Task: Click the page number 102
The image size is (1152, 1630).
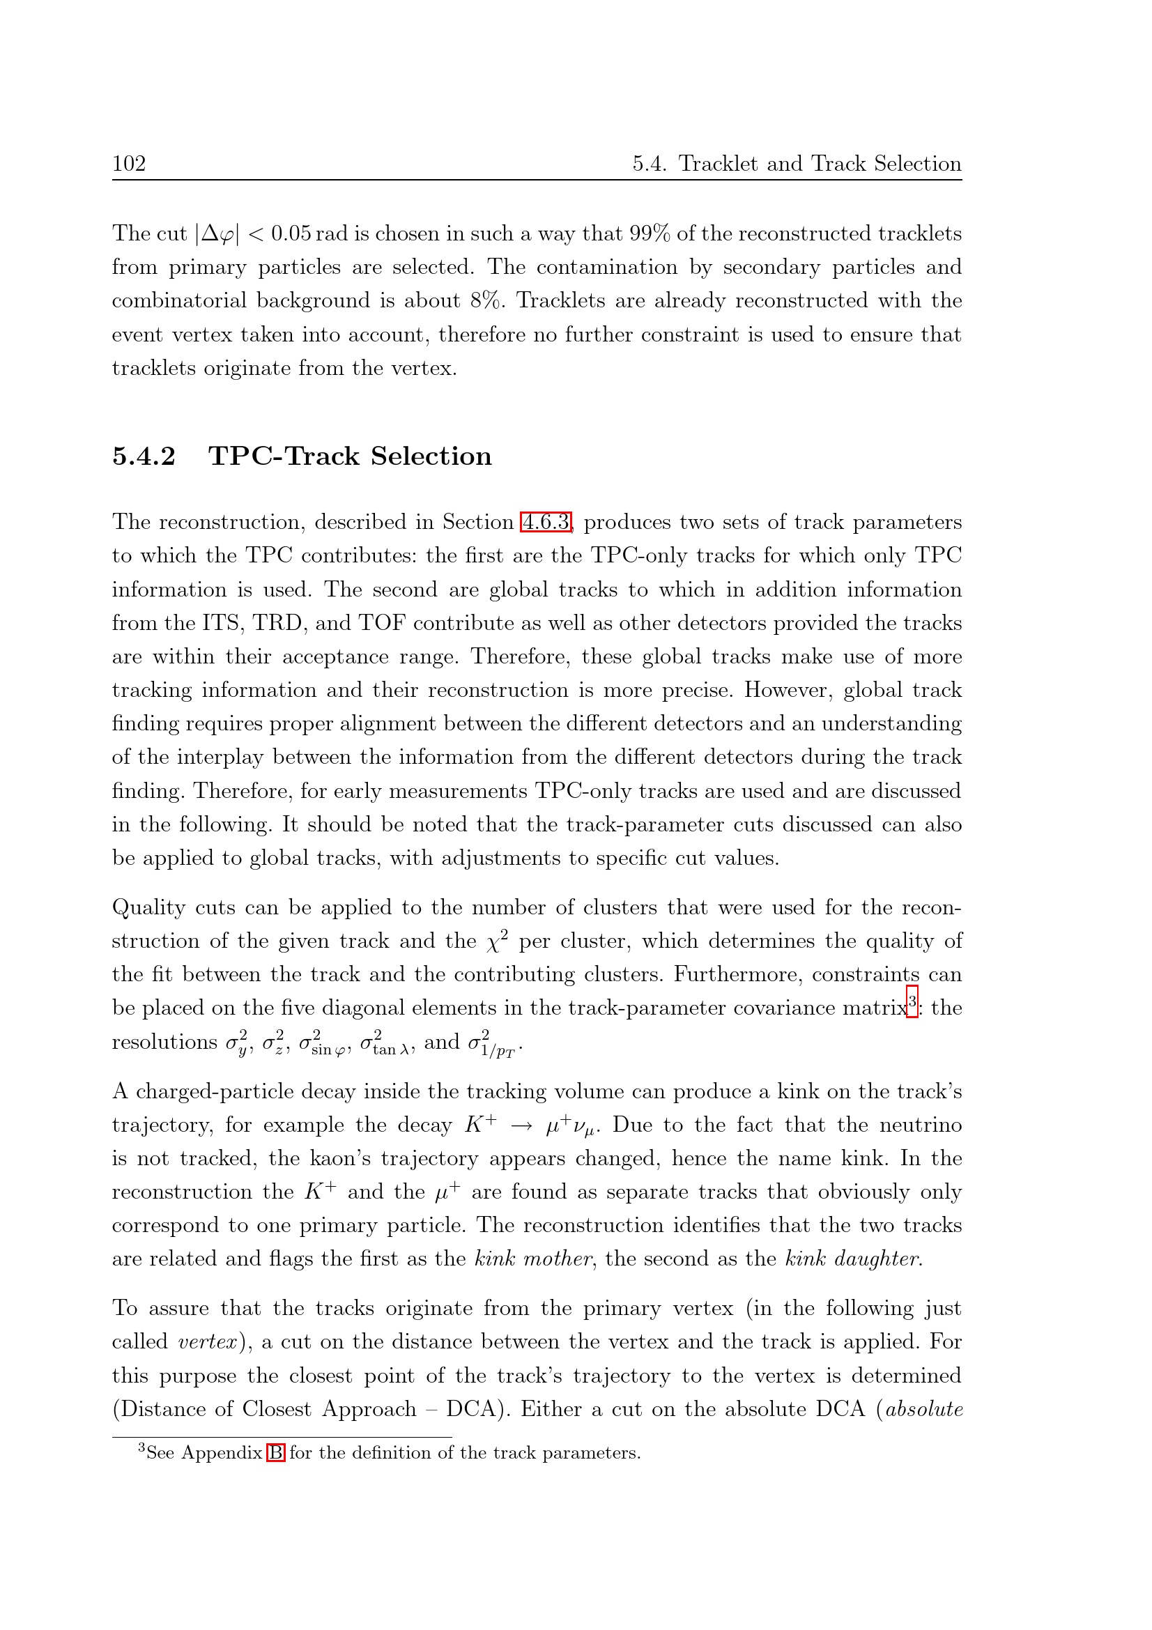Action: pos(128,164)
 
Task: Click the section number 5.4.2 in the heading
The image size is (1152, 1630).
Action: pos(144,456)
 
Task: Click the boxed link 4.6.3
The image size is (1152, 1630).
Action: pos(545,523)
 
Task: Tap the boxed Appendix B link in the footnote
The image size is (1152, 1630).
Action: pos(275,1452)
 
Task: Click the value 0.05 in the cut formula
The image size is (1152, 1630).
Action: pos(291,233)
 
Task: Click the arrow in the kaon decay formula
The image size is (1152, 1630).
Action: pos(522,1126)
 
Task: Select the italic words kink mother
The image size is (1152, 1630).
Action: pos(532,1259)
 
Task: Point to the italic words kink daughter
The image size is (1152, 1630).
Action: pos(853,1259)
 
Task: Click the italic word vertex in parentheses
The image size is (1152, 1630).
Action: pos(207,1341)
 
